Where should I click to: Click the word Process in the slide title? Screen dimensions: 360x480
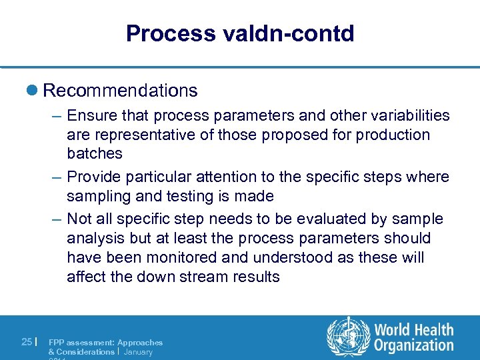[162, 33]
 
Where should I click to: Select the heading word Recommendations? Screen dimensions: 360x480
[120, 90]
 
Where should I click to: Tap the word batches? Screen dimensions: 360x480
[95, 153]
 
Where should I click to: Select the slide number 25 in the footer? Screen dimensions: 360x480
[27, 342]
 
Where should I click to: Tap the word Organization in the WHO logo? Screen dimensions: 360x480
[414, 345]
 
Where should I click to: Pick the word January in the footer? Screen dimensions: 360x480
[138, 351]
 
